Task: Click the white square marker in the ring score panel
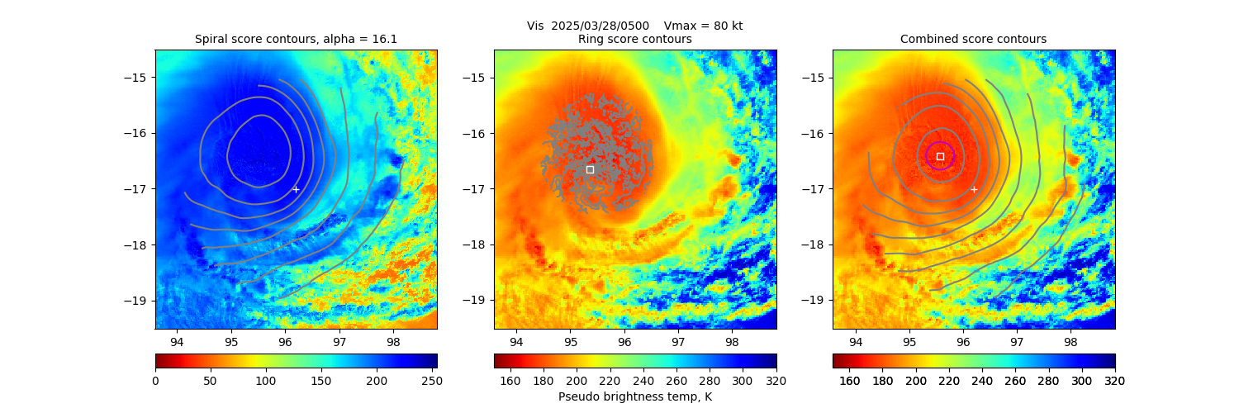(x=590, y=169)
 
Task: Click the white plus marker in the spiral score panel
(x=296, y=189)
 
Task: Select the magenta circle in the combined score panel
(x=940, y=156)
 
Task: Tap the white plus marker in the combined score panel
(x=974, y=189)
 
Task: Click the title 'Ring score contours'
(x=634, y=39)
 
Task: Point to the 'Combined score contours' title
(x=973, y=39)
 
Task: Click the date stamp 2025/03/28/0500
(x=589, y=26)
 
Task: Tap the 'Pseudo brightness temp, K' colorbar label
(x=634, y=397)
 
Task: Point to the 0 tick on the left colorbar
(x=155, y=381)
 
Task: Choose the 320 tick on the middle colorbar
(x=776, y=381)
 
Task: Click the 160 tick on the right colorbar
(x=849, y=381)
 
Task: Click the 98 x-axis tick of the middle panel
(x=732, y=341)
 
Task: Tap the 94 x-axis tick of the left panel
(x=177, y=341)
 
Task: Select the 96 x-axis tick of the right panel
(x=963, y=341)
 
